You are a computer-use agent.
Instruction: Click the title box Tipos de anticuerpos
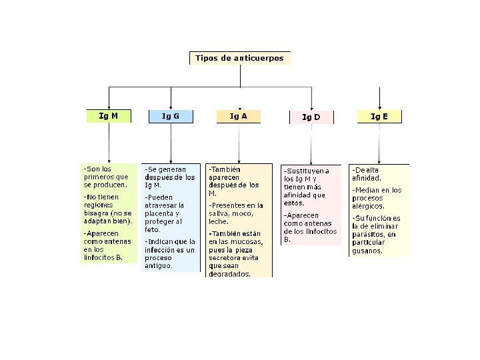pos(239,58)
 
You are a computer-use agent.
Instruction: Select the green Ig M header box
pos(109,116)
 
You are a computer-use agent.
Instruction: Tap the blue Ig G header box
pos(171,116)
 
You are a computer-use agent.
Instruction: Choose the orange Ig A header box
pos(239,116)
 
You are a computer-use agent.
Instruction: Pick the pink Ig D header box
pos(311,117)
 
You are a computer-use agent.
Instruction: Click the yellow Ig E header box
pos(379,117)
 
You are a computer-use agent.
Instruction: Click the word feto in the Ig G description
pos(152,229)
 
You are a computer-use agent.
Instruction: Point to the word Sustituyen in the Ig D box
pos(306,171)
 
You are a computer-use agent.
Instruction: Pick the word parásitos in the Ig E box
pos(369,235)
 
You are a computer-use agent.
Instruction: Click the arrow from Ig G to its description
pos(171,143)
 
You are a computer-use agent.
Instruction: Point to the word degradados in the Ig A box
pos(229,273)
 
